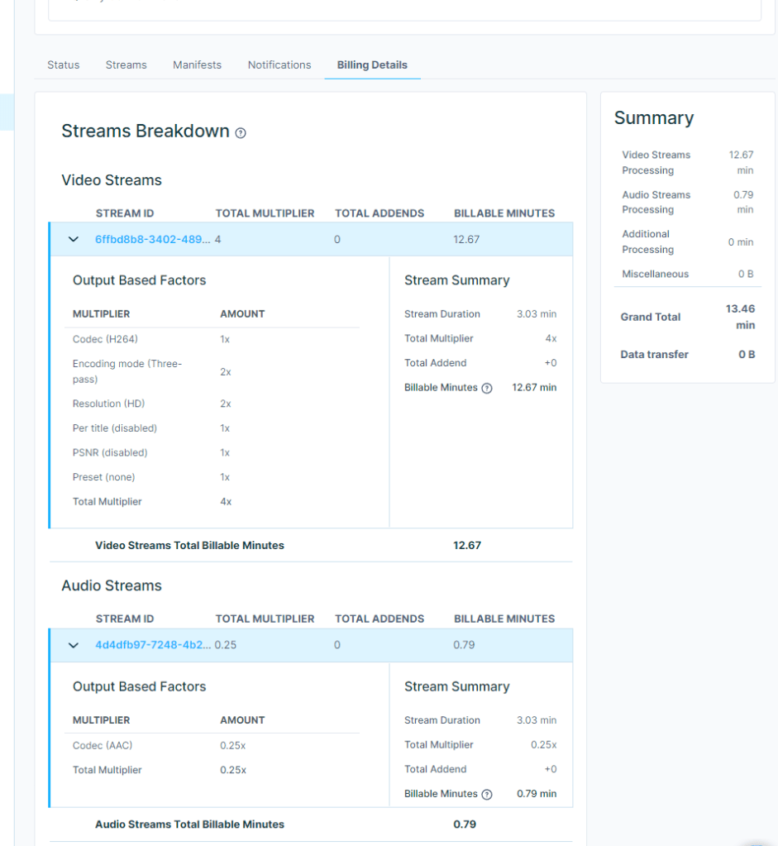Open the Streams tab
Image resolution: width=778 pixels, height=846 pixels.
coord(126,65)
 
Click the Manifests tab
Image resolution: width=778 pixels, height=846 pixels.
coord(197,65)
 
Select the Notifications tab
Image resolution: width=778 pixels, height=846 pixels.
coord(279,65)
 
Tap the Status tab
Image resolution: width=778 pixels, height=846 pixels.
coord(63,65)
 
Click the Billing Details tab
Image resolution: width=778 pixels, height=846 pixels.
coord(372,65)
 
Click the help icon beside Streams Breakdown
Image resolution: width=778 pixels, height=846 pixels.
coord(241,132)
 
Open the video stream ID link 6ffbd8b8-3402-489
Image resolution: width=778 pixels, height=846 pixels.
coord(153,239)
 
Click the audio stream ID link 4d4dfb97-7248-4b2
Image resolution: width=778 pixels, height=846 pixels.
coord(153,645)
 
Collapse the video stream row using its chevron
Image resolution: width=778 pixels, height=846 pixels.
coord(74,239)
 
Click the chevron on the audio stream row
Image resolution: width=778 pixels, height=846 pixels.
coord(74,645)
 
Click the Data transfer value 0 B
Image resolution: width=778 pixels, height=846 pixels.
coord(747,355)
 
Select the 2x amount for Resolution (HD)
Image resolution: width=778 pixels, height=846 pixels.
coord(226,404)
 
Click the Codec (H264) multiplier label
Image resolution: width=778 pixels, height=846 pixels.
coord(105,339)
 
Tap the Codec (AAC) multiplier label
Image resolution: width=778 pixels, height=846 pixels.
coord(103,745)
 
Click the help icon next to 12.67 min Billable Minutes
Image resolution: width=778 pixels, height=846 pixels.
coord(487,389)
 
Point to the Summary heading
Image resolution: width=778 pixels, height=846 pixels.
coord(654,118)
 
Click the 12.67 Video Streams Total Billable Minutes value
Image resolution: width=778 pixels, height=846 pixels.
coord(467,546)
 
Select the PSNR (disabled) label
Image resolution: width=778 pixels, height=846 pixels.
coord(110,452)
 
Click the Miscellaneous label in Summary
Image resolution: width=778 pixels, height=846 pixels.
coord(656,274)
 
